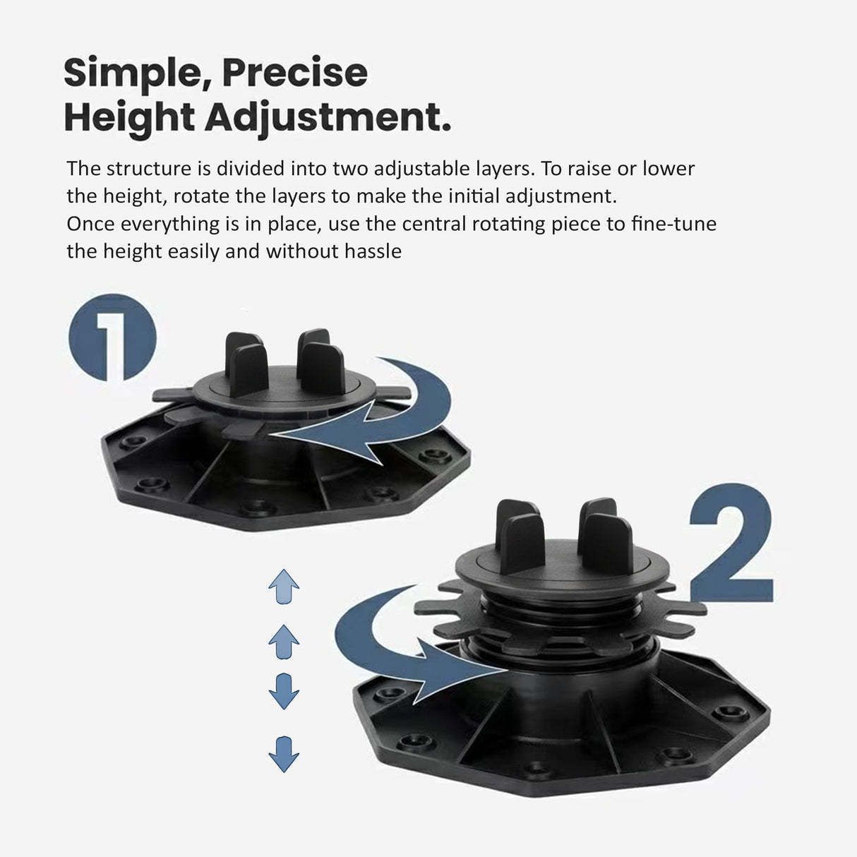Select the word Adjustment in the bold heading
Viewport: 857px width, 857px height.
click(328, 117)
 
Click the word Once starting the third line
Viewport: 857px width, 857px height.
click(91, 224)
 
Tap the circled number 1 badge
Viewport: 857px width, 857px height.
click(112, 337)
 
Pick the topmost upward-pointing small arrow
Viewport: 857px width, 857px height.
click(284, 587)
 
